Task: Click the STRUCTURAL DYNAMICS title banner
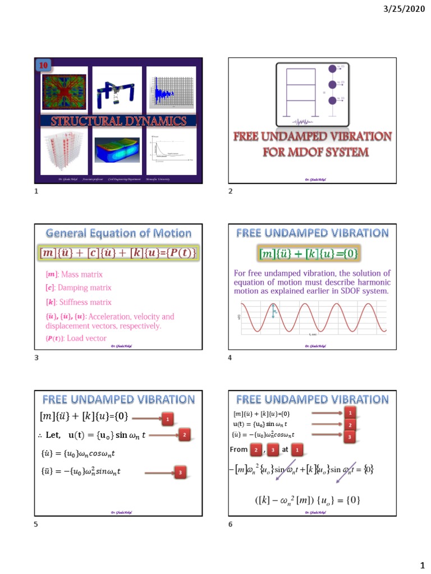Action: pos(119,121)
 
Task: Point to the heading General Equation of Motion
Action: pos(118,233)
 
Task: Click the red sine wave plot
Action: pos(312,318)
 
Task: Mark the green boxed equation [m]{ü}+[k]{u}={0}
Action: pos(309,254)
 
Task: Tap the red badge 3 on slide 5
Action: pos(180,473)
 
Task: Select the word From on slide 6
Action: pos(239,449)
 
